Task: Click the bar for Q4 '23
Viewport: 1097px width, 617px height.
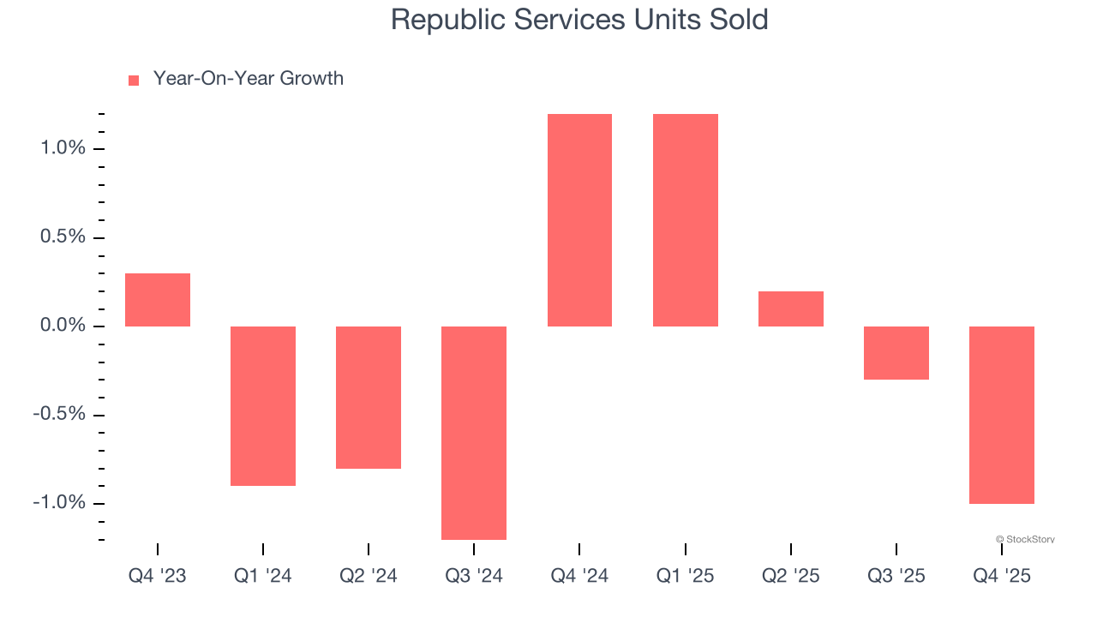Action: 158,300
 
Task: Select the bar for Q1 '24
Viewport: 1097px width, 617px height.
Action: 263,405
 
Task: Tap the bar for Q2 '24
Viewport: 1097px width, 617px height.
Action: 369,397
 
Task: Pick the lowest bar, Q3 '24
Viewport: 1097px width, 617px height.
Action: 474,433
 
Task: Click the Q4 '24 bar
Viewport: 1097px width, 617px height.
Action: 579,220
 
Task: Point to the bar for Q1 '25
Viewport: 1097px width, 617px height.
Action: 685,220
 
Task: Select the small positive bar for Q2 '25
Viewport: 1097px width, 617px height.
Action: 790,308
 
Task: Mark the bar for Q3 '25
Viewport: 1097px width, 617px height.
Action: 896,352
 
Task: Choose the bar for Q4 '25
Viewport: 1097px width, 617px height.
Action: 1001,415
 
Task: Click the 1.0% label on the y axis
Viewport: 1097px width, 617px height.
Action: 63,148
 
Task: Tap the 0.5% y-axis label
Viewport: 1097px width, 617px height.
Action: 63,237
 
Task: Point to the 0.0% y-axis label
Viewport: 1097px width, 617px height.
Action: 63,326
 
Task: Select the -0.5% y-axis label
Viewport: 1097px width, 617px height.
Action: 60,415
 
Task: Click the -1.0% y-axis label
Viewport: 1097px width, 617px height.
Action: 60,503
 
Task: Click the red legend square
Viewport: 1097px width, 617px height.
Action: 134,80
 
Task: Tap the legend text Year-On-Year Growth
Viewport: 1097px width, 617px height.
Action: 248,79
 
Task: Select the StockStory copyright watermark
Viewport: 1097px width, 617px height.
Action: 1025,539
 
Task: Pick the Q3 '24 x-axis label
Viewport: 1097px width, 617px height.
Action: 474,576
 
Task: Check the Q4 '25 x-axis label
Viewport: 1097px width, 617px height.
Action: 1001,576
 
